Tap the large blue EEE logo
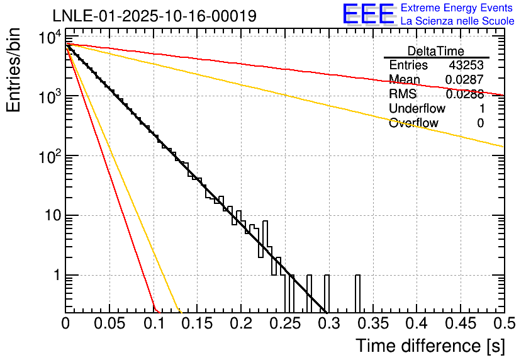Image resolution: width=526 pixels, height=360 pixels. pyautogui.click(x=368, y=14)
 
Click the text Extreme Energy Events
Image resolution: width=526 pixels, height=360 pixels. pyautogui.click(x=457, y=8)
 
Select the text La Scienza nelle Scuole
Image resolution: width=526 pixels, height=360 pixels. pyautogui.click(x=457, y=21)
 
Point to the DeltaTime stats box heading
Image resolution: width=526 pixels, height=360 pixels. pyautogui.click(x=436, y=51)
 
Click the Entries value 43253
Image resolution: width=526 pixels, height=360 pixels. pyautogui.click(x=466, y=65)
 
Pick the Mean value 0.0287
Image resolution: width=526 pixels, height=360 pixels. pyautogui.click(x=464, y=80)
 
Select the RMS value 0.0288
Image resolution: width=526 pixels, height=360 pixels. pyautogui.click(x=464, y=94)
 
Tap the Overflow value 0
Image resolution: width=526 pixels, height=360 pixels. pyautogui.click(x=480, y=123)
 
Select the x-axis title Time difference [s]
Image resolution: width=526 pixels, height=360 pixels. pyautogui.click(x=430, y=346)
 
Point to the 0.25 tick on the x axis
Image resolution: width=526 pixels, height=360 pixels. pyautogui.click(x=284, y=324)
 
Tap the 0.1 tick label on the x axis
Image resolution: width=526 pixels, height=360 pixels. pyautogui.click(x=153, y=324)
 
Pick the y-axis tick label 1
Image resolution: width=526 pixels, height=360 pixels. pyautogui.click(x=55, y=275)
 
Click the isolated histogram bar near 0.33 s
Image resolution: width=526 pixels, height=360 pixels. pyautogui.click(x=357, y=293)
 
